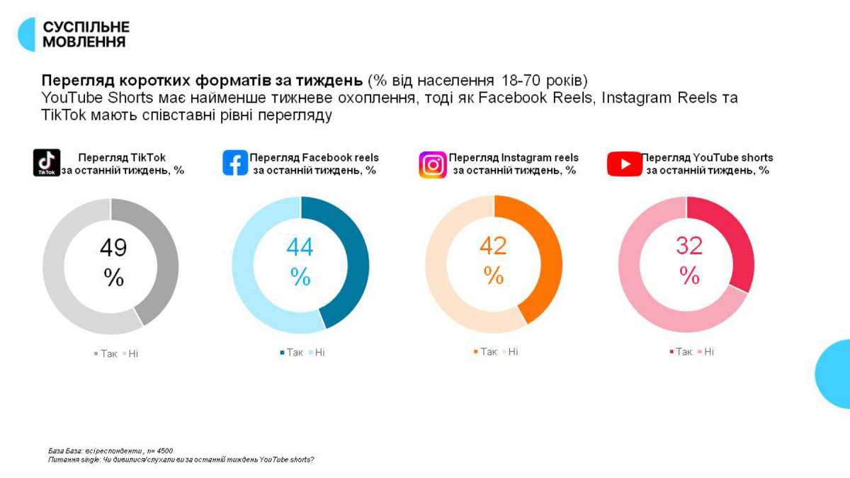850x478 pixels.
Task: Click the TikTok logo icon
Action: (x=47, y=163)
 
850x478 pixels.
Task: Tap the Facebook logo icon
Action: (x=235, y=163)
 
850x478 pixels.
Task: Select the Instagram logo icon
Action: (x=432, y=164)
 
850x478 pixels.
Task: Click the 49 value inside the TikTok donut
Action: (x=113, y=248)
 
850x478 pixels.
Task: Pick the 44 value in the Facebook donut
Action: (x=300, y=247)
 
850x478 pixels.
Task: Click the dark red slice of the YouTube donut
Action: (x=737, y=241)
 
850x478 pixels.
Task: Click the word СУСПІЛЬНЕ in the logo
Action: (x=86, y=27)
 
